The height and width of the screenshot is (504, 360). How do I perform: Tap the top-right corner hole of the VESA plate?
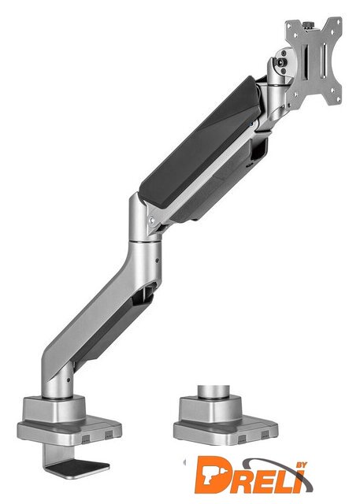click(x=339, y=22)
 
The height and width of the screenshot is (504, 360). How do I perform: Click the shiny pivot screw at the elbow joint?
click(x=152, y=220)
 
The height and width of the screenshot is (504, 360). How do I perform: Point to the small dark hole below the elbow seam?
click(x=158, y=261)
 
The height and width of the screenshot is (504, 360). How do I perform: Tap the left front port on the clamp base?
click(x=86, y=438)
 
